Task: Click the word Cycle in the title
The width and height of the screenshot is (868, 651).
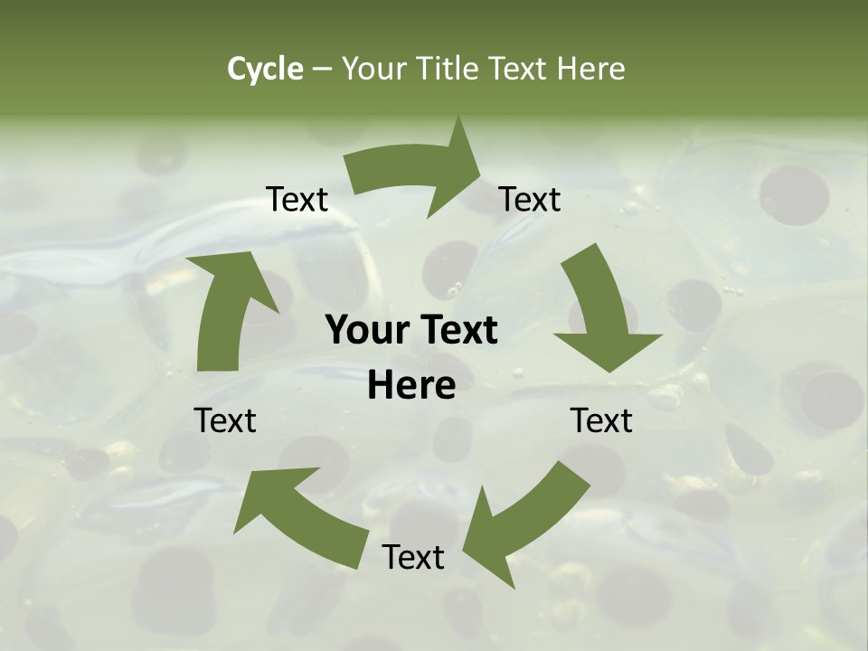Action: [x=265, y=69]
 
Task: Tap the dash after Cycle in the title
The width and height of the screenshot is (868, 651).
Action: [x=322, y=69]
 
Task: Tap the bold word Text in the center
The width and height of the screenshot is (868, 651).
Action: [x=458, y=331]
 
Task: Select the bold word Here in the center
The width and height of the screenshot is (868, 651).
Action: [x=411, y=386]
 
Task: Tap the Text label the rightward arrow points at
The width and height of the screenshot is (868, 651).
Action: [x=530, y=200]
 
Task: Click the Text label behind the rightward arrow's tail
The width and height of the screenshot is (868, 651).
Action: [x=297, y=200]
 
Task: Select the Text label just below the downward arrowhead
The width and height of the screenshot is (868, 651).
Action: [x=601, y=421]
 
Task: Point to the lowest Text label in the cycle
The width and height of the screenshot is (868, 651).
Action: [x=413, y=558]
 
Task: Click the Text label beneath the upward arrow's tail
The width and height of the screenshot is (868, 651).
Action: [x=225, y=421]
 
